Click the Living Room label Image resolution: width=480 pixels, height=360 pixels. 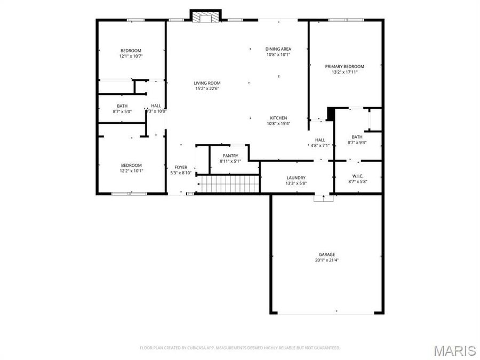point(206,83)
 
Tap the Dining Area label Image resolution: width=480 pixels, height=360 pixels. point(278,49)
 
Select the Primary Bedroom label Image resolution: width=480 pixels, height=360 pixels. point(345,67)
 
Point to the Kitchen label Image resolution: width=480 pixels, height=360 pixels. point(278,118)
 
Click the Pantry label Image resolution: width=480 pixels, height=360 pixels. point(230,156)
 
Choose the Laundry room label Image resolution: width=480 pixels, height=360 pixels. point(295,178)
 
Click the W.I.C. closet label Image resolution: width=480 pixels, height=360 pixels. point(357,176)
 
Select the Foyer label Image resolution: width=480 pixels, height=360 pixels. point(181,167)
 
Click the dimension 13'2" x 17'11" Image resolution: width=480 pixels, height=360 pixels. point(345,72)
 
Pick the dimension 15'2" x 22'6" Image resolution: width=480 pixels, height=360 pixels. point(206,89)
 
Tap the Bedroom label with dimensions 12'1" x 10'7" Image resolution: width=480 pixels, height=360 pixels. point(131,51)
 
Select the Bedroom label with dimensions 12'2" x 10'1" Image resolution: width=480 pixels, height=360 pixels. point(131,165)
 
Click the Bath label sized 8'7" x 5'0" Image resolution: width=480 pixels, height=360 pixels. point(122,106)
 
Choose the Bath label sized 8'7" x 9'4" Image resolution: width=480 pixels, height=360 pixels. point(357,137)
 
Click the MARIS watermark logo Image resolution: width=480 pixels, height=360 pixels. point(454,350)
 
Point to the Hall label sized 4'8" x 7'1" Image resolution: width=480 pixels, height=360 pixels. point(320,140)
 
